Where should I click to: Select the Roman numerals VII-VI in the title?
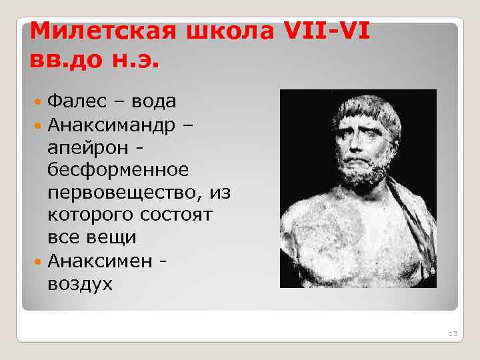(327, 30)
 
